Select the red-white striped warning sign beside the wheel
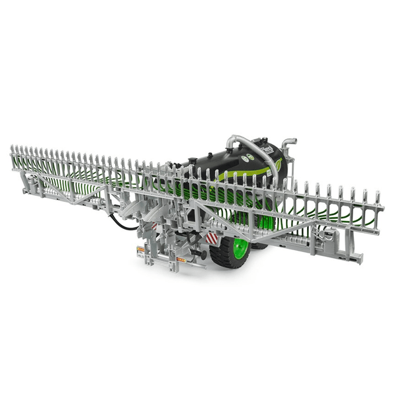pos(212,238)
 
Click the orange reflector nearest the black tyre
pos(181,259)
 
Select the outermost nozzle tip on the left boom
pos(13,149)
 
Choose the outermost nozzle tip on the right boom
pos(380,197)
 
